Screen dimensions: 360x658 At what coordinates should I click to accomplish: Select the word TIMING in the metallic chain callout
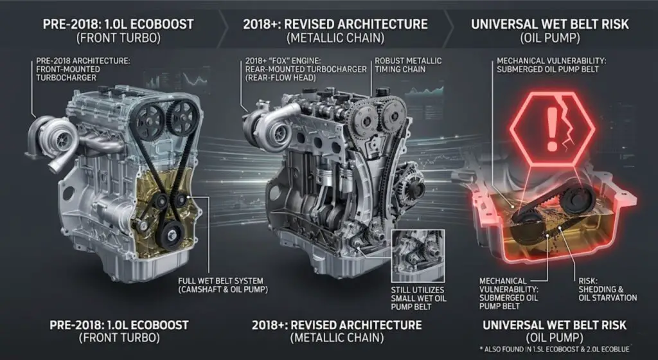pos(390,69)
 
